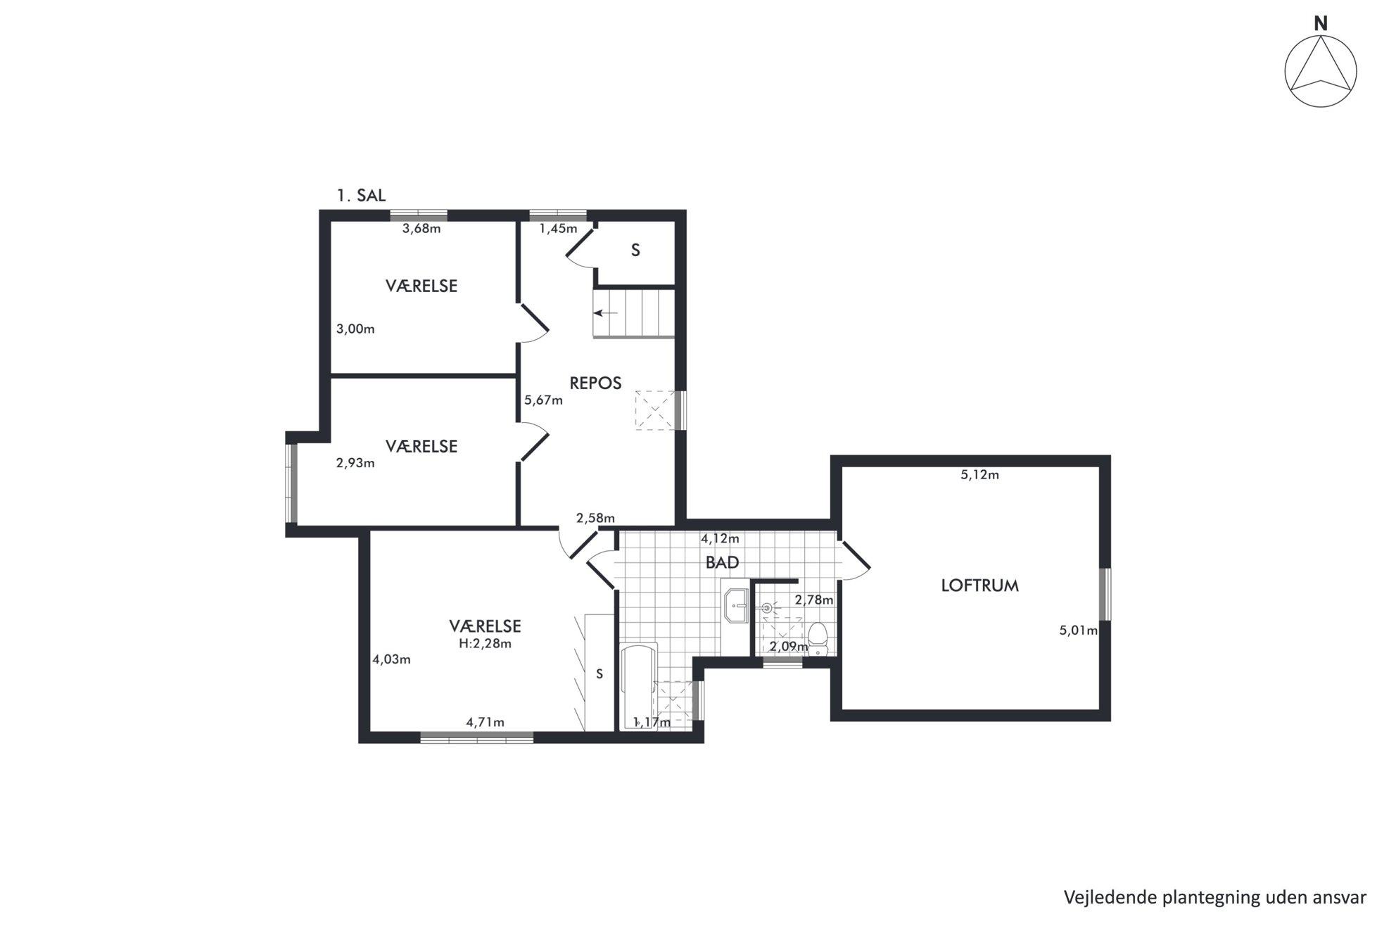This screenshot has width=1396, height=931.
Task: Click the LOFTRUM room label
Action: (x=979, y=585)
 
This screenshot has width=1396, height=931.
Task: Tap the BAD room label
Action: (x=723, y=563)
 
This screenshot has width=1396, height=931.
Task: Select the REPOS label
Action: (x=595, y=384)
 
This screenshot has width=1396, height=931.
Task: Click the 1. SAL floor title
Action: (x=361, y=196)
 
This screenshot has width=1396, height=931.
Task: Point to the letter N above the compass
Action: (x=1321, y=24)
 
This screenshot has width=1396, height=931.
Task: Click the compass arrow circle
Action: (x=1321, y=71)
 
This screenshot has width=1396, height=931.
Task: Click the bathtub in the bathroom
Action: (x=638, y=686)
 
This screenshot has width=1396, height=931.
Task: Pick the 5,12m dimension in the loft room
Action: (x=979, y=475)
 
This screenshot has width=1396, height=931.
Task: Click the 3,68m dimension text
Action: (x=421, y=228)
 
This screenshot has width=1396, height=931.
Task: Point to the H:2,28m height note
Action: (x=485, y=643)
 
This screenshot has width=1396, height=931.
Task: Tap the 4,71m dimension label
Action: (x=485, y=722)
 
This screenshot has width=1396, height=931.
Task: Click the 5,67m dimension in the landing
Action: (x=543, y=400)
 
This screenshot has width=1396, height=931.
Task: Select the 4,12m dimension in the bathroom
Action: (x=720, y=539)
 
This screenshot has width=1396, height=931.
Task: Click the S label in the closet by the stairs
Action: (x=635, y=251)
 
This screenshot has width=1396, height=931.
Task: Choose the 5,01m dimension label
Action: (x=1079, y=631)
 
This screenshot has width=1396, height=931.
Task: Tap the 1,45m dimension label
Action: (x=558, y=229)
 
